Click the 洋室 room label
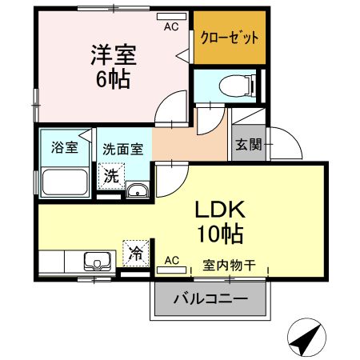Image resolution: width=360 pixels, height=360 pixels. coord(114,55)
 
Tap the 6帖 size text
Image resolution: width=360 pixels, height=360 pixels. coord(113,79)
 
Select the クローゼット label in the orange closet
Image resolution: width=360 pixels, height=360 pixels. coord(230,38)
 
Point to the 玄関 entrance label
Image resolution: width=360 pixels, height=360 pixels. coord(248,145)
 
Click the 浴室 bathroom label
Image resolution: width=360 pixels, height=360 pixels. coord(65,147)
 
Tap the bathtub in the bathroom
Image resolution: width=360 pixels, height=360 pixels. coord(65,182)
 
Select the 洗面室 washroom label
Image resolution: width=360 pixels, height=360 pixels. coord(123,150)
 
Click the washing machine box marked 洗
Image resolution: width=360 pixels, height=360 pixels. coord(111,176)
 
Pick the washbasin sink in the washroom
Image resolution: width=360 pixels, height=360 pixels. coord(138,190)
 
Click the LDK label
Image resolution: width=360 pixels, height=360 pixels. coord(220,210)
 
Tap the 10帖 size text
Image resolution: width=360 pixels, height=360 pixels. coord(220,234)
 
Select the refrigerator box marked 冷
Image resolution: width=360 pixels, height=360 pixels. coord(136,253)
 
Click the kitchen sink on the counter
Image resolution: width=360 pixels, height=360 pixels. coord(98,262)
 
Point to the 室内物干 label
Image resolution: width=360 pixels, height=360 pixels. coord(230,266)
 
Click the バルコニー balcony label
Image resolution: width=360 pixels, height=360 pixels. coord(210,299)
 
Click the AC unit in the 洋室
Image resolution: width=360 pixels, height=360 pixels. coord(171,16)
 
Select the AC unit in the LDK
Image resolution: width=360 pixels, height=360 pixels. coord(171,270)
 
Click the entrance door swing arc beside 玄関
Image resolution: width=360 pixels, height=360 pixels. coord(294,137)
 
